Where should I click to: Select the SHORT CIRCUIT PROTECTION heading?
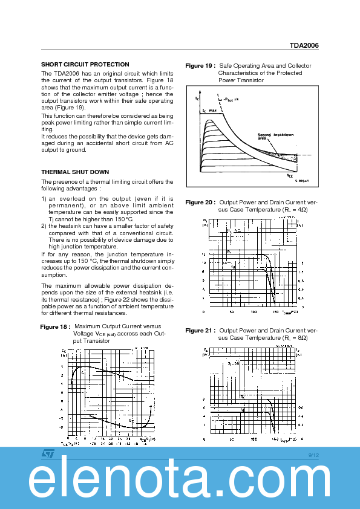[x=85, y=64]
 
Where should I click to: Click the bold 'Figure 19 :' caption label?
[x=200, y=65]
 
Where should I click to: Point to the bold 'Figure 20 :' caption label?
[x=200, y=202]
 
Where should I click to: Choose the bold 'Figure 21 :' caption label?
[x=200, y=331]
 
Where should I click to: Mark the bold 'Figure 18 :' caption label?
[x=54, y=326]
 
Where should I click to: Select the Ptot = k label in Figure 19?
[x=231, y=98]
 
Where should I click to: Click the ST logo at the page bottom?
[x=48, y=453]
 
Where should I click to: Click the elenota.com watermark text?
[x=180, y=481]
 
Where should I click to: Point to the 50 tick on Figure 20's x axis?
[x=232, y=312]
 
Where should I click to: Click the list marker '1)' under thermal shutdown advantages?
[x=44, y=198]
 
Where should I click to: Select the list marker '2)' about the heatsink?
[x=44, y=226]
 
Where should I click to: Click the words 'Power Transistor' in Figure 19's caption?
[x=241, y=80]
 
